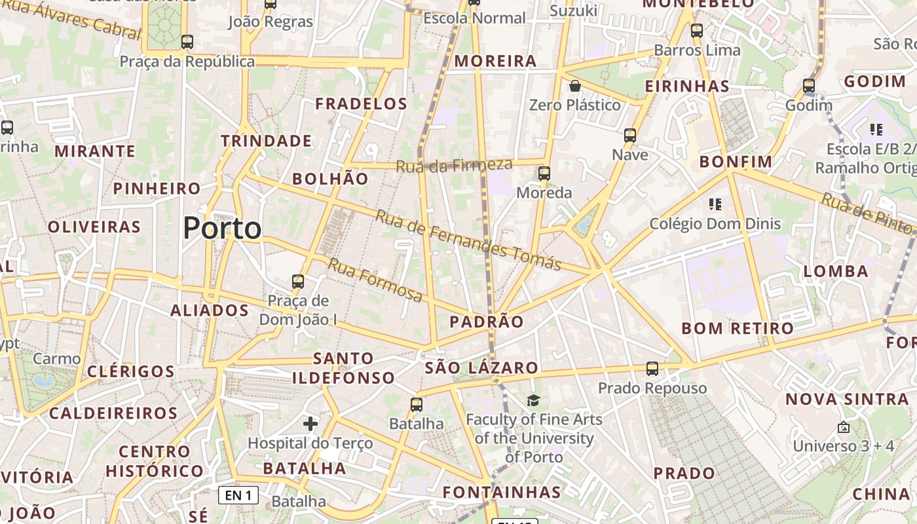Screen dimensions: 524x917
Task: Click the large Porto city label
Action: [222, 228]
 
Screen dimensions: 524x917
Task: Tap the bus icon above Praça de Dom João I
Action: [298, 282]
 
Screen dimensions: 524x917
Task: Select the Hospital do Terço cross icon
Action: [310, 424]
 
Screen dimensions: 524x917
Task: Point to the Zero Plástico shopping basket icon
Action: [574, 86]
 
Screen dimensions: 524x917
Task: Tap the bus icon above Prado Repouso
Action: [652, 369]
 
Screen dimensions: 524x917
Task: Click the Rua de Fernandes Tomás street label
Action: [468, 240]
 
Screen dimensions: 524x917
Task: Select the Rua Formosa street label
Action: [375, 280]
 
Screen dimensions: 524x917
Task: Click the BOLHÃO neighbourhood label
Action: [330, 178]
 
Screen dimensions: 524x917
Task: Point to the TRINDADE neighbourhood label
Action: [266, 141]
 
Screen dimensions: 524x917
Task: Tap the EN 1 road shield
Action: [238, 495]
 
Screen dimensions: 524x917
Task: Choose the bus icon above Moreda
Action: [544, 174]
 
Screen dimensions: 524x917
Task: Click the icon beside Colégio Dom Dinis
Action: [715, 204]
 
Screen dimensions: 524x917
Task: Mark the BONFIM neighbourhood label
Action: [736, 161]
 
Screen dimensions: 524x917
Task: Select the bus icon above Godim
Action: [809, 86]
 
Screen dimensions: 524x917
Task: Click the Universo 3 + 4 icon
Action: [844, 427]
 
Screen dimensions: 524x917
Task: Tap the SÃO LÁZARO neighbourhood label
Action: [481, 367]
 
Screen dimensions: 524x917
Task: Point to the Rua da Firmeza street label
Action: [454, 165]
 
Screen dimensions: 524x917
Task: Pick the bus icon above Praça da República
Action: [187, 42]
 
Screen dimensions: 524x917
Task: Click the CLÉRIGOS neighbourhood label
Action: [131, 371]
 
